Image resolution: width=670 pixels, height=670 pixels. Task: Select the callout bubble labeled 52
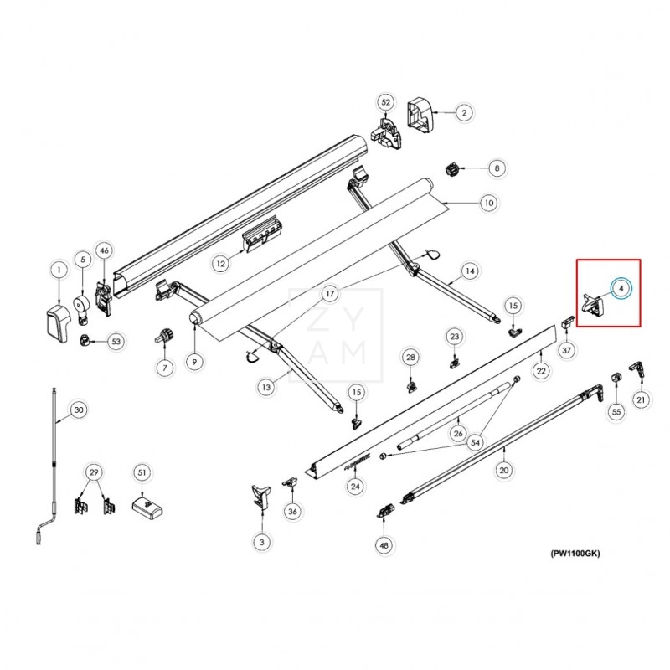386,102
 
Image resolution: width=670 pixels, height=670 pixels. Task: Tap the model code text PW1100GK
575,554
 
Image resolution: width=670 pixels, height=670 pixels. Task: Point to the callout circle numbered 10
487,203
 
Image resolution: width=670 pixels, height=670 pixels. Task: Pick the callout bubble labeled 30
78,410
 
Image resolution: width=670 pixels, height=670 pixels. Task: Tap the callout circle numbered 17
330,294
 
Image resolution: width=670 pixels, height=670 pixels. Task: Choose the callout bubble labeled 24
355,487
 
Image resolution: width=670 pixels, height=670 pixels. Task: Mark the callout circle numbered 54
476,441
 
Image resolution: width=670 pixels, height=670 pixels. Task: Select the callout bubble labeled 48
384,545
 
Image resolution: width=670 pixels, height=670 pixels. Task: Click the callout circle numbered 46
104,250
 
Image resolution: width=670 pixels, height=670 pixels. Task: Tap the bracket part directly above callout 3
261,496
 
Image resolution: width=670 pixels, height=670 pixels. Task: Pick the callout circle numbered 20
504,471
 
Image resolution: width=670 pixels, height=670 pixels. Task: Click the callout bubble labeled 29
95,473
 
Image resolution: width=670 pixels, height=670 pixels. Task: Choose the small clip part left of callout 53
85,340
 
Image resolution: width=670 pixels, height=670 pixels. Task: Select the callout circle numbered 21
641,400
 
